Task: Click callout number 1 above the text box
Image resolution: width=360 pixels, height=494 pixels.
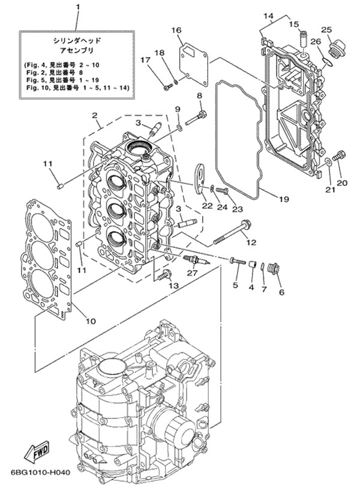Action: click(77, 8)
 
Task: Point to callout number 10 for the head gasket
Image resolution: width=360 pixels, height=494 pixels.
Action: click(91, 321)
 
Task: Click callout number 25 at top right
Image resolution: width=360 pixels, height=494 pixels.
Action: click(326, 30)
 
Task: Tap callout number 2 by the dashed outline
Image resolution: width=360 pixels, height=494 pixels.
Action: click(94, 115)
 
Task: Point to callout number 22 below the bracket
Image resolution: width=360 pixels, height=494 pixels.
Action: click(207, 206)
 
